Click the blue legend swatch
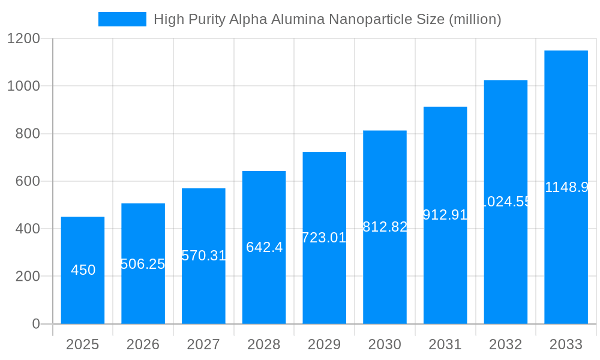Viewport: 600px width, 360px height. tap(122, 19)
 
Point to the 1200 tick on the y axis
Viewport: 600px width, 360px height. tap(23, 39)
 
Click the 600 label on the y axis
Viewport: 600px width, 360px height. tap(28, 181)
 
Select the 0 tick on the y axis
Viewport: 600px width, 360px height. tap(36, 324)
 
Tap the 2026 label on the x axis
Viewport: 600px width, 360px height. tap(143, 344)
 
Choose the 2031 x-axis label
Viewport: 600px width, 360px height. tap(445, 344)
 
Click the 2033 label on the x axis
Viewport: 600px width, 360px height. tap(566, 344)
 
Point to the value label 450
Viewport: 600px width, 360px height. tap(83, 270)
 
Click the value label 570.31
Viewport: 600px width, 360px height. tap(203, 256)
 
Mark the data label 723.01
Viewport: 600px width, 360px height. tap(324, 238)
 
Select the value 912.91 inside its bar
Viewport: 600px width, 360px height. tap(445, 215)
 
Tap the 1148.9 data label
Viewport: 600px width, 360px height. tap(566, 187)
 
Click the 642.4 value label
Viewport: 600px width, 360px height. tap(264, 247)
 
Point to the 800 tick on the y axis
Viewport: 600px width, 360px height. tap(28, 134)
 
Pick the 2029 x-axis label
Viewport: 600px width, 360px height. tap(324, 344)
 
